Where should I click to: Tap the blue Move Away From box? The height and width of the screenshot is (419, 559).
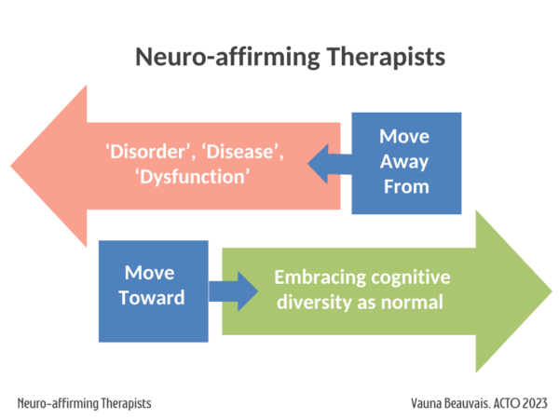(x=406, y=162)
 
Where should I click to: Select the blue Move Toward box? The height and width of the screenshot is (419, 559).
(x=154, y=288)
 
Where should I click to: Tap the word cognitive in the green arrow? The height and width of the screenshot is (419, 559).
(x=411, y=277)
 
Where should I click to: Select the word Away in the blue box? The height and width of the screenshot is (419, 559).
(x=405, y=162)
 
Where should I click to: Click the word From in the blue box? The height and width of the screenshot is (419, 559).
(x=406, y=186)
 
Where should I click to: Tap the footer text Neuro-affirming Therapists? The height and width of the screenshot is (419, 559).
(x=84, y=404)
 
